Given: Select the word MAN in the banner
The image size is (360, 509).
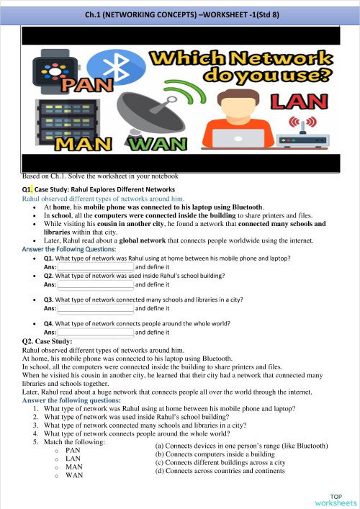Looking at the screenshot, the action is [x=70, y=144].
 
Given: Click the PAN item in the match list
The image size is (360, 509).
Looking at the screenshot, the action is [x=72, y=450].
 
